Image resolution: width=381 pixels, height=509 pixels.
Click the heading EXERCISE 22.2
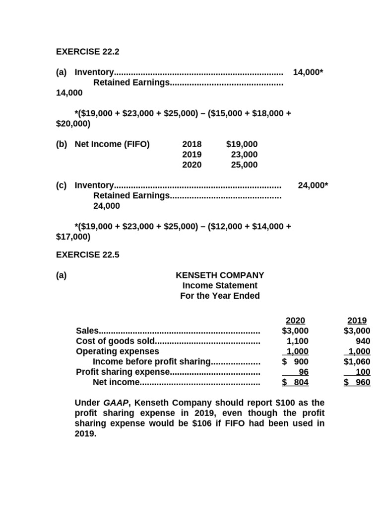88,52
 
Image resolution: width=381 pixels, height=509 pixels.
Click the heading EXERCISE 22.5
88,254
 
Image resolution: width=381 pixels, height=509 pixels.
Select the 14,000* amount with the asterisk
308,73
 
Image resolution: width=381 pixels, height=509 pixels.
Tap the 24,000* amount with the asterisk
313,185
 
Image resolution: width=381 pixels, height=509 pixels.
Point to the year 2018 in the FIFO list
192,144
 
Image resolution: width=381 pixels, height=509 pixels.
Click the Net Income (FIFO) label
112,144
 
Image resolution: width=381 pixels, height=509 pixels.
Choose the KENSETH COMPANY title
220,275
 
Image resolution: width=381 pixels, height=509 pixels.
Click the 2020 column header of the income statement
295,321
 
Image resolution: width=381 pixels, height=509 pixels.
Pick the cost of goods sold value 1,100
297,341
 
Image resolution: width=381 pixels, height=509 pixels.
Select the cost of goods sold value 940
362,341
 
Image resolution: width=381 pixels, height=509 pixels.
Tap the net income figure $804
295,382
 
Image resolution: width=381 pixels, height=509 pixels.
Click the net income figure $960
357,382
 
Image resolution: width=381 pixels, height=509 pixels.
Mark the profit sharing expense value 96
303,372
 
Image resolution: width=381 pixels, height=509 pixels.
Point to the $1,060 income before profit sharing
357,361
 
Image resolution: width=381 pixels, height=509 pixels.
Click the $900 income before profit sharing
295,361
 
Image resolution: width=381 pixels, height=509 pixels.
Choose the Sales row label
87,331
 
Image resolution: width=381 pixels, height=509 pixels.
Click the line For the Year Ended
220,296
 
